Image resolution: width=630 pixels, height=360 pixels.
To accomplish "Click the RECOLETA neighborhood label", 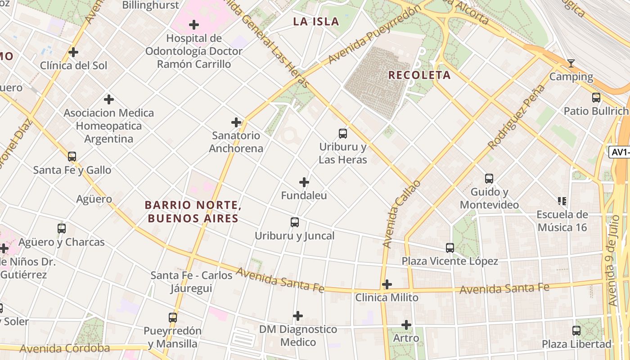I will coord(419,75).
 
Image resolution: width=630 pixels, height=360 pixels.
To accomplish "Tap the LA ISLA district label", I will coord(316,21).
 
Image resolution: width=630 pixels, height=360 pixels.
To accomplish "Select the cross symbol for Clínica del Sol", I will coord(73,52).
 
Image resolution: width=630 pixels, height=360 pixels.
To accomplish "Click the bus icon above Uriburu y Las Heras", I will coord(343,133).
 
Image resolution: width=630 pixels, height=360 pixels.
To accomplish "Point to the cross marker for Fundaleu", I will coord(304,182).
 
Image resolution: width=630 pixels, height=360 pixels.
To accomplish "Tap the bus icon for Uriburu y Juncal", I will coord(295,222).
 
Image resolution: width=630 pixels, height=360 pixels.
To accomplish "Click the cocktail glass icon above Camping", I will coord(571,63).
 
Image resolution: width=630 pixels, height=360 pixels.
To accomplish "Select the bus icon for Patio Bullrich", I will coord(596,97).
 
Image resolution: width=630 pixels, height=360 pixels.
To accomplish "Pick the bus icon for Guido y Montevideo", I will coord(489,178).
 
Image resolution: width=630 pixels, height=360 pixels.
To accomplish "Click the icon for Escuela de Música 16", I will coord(562,201).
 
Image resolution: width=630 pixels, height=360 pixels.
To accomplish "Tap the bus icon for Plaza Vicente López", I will coord(450,247).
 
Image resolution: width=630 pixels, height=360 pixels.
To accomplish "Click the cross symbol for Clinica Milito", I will coord(387,284).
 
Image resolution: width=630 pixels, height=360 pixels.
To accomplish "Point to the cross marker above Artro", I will coord(406,324).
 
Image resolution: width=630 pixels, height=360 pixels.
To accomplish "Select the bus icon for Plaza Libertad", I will coord(576,330).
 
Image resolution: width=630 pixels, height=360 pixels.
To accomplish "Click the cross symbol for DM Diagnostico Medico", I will coord(298,316).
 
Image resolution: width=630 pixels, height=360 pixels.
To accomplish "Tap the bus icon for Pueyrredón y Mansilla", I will coord(173,317).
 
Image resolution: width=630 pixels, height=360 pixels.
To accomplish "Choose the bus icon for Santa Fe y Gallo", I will coord(72,157).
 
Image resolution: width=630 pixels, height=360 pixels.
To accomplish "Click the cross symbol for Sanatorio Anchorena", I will coord(236,122).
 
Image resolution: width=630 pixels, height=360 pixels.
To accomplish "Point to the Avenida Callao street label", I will coord(401,214).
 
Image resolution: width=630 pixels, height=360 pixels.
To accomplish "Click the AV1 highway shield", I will coord(620,152).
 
